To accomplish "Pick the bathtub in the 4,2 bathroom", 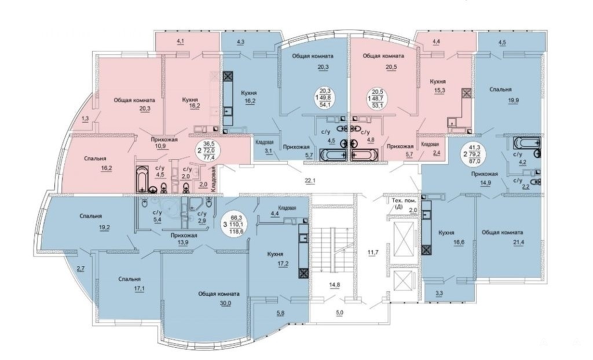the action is (x=527, y=144).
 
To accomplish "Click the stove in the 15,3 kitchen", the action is (x=466, y=93).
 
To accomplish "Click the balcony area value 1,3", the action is (x=86, y=119).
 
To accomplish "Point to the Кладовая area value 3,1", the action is (x=269, y=151).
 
